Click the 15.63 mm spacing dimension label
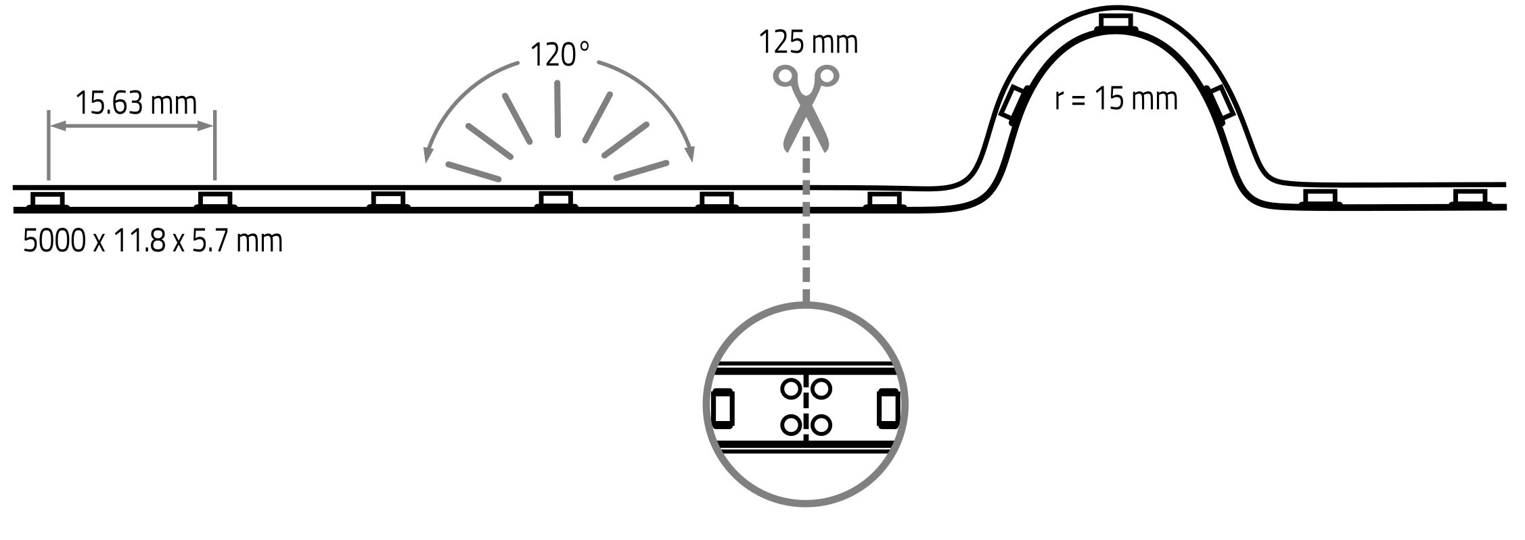click(135, 103)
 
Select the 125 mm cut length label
click(808, 42)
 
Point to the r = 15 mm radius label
click(1116, 99)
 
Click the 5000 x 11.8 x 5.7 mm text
click(153, 241)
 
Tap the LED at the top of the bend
click(1116, 22)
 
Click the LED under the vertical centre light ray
click(556, 199)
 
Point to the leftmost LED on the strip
click(48, 200)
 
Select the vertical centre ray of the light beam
click(557, 108)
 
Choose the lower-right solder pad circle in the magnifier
click(822, 425)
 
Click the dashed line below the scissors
click(806, 223)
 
